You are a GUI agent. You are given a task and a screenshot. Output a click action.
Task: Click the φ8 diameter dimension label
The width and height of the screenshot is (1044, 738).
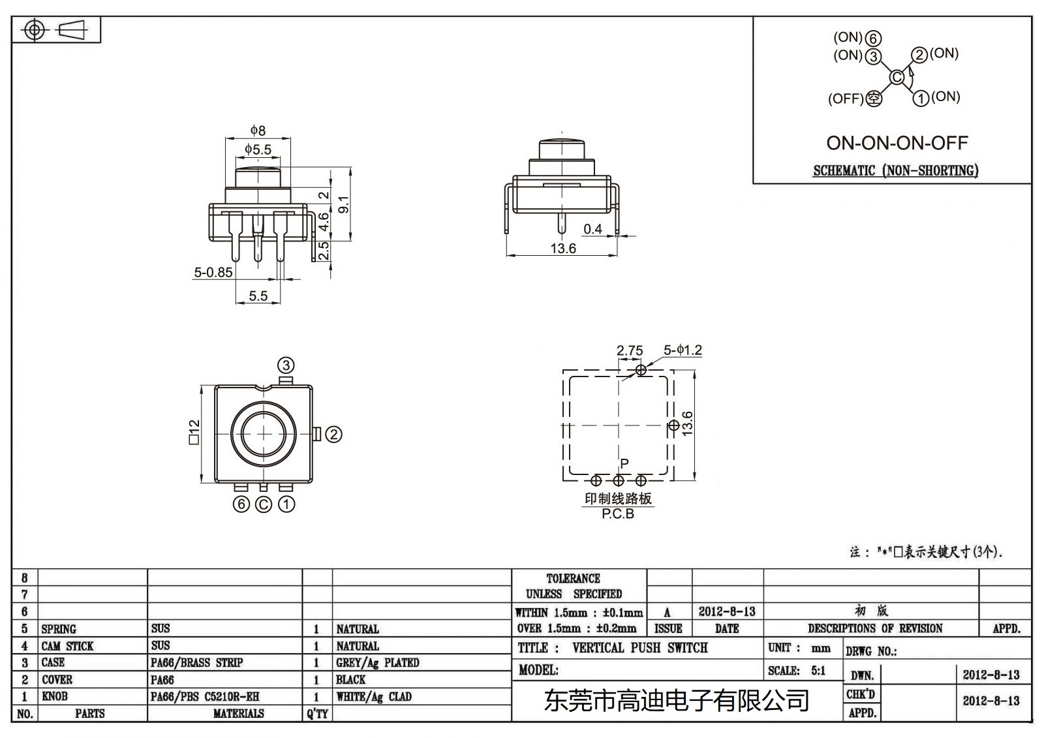258,131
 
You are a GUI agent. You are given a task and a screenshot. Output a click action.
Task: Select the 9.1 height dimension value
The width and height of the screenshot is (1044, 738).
345,204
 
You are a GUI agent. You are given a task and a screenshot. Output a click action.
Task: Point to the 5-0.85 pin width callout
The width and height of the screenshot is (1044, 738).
213,273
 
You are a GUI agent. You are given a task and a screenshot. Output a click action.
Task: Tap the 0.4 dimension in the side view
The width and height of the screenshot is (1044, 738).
592,229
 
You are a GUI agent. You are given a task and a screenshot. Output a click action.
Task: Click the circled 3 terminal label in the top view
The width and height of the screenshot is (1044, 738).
286,365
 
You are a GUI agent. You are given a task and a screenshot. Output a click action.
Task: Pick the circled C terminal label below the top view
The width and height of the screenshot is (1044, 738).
264,504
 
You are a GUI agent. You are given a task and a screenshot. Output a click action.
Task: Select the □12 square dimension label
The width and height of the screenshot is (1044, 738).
194,433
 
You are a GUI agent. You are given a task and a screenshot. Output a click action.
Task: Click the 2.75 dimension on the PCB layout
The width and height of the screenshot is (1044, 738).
630,350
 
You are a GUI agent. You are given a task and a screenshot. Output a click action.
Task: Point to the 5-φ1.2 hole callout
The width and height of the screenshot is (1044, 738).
683,350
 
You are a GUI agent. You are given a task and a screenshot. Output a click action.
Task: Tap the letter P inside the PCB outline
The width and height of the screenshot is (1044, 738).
624,463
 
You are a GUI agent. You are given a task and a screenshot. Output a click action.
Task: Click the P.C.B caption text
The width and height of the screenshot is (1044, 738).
618,514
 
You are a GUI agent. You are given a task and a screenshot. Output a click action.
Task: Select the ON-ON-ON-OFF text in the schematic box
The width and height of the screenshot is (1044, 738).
897,143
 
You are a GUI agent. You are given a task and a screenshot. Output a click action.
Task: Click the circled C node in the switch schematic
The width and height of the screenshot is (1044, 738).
897,77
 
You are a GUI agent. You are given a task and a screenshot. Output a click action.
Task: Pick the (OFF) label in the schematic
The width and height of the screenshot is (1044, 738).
846,99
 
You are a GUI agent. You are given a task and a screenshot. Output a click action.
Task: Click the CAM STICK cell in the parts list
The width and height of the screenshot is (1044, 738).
67,646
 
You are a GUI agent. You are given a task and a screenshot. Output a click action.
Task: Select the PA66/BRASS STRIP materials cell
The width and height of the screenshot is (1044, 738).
196,662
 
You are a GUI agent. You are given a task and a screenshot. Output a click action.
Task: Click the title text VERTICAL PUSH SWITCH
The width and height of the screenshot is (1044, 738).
639,648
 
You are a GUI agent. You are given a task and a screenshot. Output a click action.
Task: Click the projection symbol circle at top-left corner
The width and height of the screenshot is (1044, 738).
35,30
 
